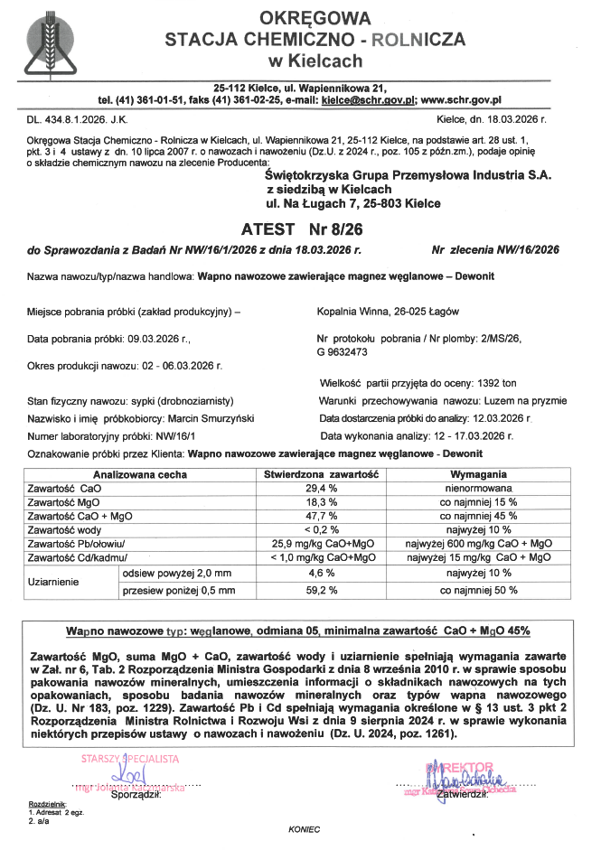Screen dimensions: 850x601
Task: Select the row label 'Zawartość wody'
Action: [65, 529]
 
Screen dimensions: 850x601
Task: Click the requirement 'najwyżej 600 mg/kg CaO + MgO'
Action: [478, 544]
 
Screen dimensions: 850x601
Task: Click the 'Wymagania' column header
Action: [478, 474]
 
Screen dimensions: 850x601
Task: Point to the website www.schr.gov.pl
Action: [460, 100]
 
